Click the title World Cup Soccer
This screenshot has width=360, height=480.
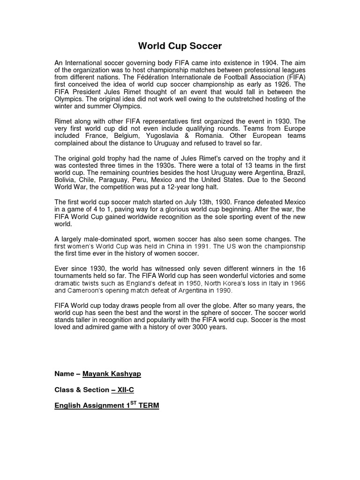180,46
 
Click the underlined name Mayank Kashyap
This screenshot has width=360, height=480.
112,374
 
